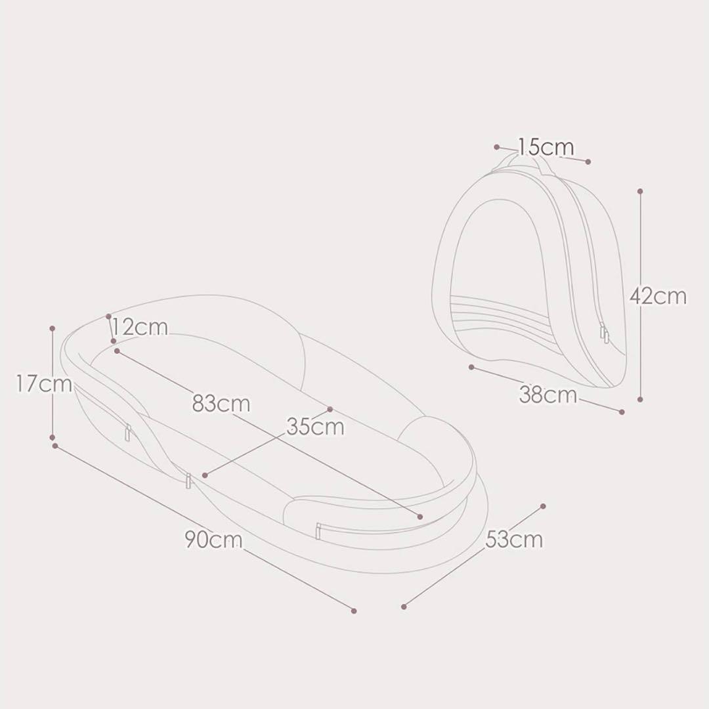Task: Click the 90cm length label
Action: [x=213, y=540]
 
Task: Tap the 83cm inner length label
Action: [x=221, y=403]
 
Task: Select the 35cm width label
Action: [x=315, y=427]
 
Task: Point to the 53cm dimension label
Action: [x=514, y=540]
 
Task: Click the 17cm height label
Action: [x=45, y=384]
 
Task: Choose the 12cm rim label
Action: [x=140, y=327]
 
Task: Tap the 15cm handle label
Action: [x=546, y=147]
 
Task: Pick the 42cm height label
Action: [x=658, y=297]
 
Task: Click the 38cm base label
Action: [x=548, y=395]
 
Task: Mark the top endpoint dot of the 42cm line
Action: [x=640, y=191]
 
